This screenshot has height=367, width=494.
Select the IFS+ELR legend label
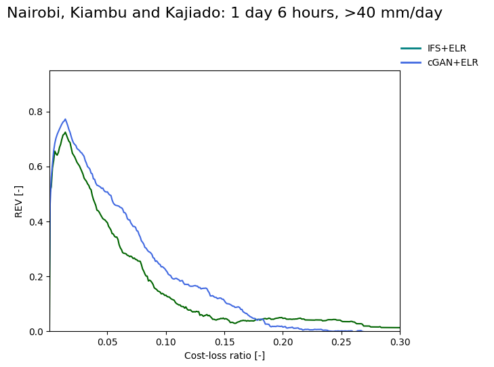point(447,49)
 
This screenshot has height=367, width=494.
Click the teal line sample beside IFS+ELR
point(411,49)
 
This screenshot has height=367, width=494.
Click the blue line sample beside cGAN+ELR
point(411,62)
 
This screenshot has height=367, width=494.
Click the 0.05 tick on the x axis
point(107,343)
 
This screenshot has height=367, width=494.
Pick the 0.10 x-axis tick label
point(166,343)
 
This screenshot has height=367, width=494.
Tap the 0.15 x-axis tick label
point(224,343)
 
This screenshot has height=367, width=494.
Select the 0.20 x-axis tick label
point(283,343)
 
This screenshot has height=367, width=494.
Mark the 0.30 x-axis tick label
point(399,343)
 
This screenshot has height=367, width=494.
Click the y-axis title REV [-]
point(19,201)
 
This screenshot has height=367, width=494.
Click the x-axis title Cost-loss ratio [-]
point(224,356)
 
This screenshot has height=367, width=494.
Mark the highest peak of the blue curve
point(65,119)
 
